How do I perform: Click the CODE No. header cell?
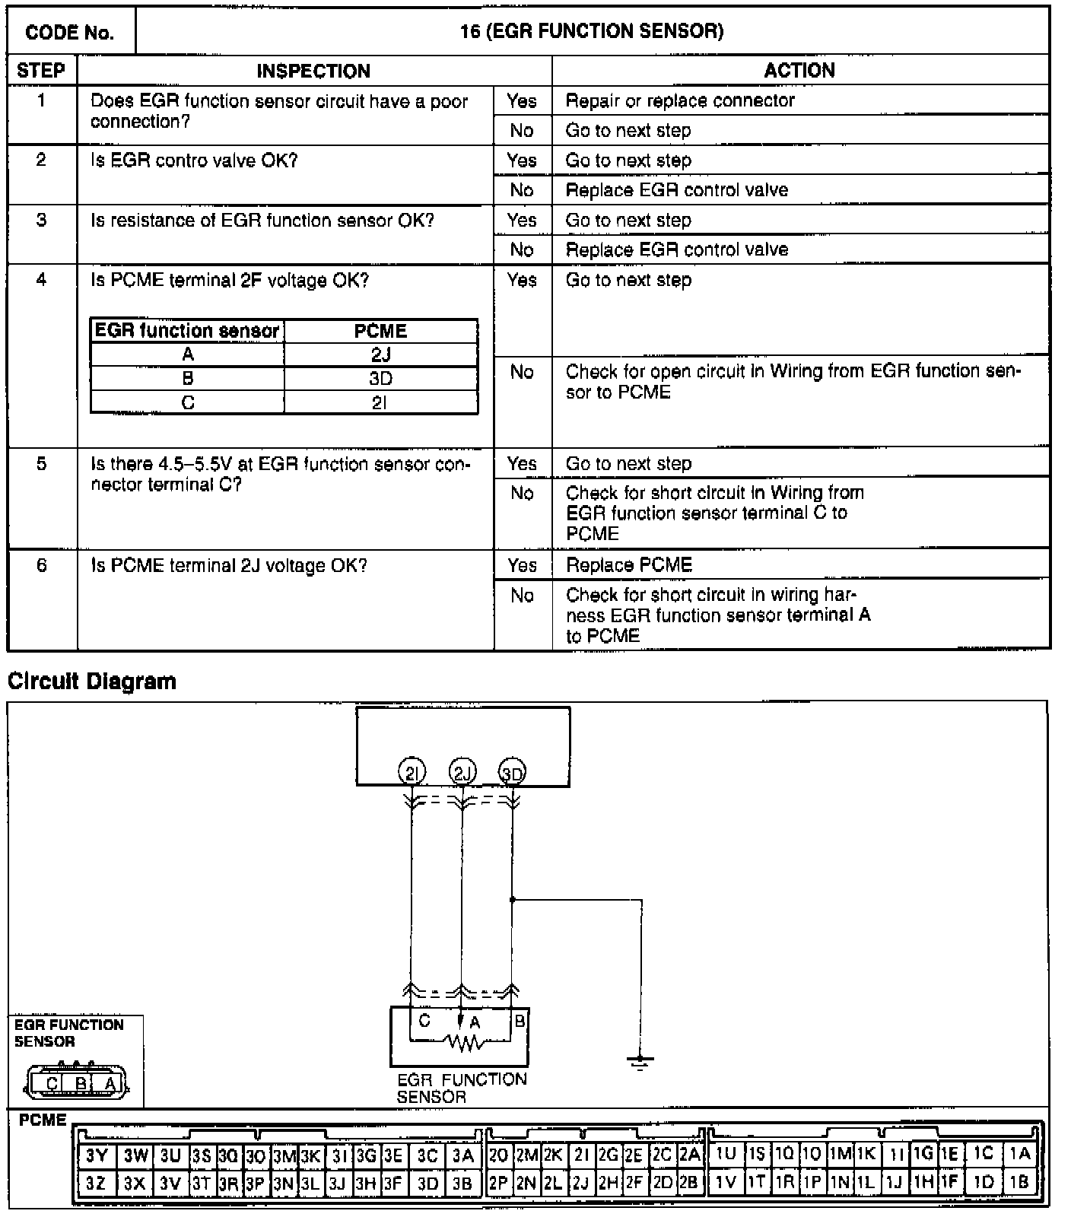(70, 32)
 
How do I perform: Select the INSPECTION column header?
(313, 71)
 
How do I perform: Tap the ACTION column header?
(799, 71)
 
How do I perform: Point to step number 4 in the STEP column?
(41, 280)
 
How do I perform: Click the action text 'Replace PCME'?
(629, 565)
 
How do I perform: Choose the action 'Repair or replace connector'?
(680, 100)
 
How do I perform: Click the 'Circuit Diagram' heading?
(92, 682)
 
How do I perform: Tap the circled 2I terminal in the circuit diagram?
(412, 774)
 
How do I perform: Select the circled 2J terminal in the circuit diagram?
(462, 774)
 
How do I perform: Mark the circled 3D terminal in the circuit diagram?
(512, 774)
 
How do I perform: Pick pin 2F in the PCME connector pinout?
(634, 1183)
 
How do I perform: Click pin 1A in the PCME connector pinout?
(1020, 1154)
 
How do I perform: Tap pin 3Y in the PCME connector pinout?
(97, 1155)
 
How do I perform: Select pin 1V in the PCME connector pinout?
(726, 1183)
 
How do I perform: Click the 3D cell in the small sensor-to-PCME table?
(380, 379)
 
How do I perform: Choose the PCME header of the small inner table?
(380, 332)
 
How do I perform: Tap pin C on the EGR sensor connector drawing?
(52, 1083)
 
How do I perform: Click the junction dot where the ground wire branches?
(513, 899)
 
